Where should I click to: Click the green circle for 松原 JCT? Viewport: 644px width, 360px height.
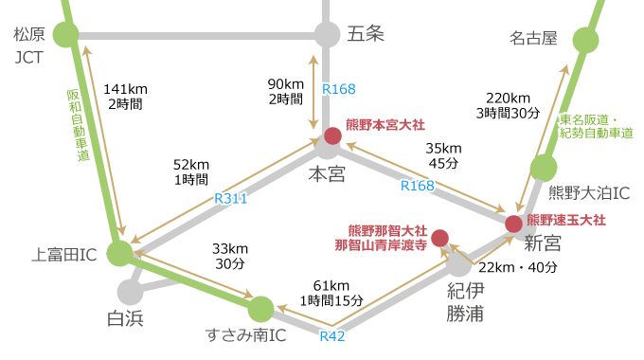pos(65,36)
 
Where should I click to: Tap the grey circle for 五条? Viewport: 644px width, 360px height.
pos(327,35)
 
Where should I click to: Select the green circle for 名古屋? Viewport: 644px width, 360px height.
pos(587,41)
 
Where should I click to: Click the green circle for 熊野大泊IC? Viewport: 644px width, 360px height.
pos(543,168)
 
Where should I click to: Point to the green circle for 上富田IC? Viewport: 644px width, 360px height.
pos(119,253)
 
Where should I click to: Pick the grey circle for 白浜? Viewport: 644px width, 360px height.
pos(130,291)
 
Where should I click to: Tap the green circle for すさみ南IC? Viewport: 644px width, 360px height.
pos(259,309)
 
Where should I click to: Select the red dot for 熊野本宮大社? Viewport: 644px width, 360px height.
pos(332,135)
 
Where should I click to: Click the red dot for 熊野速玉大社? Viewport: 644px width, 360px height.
pos(513,224)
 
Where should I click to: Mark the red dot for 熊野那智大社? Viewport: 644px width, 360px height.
pos(439,238)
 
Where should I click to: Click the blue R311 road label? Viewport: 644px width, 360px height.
pos(230,199)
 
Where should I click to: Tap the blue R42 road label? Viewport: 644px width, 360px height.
pos(331,335)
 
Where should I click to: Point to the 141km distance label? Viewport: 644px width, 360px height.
pos(125,88)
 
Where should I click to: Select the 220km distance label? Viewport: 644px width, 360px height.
pos(508,98)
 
